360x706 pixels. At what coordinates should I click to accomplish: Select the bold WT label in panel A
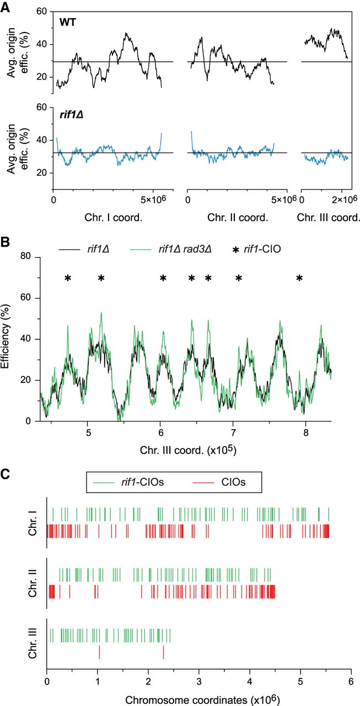tap(68, 21)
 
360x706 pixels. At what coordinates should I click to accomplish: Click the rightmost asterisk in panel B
tap(299, 279)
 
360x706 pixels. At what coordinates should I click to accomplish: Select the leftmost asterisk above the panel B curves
tap(68, 279)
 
